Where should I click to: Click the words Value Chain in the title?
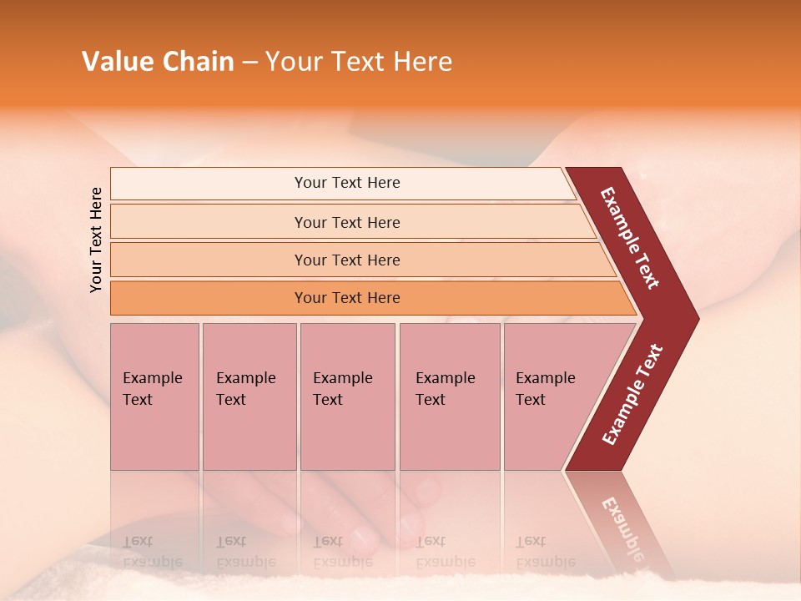[x=158, y=62]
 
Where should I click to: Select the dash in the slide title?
[x=249, y=63]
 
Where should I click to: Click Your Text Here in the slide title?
[x=359, y=62]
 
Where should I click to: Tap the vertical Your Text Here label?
[x=96, y=240]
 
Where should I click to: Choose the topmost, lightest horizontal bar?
[x=346, y=183]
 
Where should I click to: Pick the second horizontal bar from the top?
[x=346, y=222]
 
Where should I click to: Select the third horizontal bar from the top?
[x=346, y=260]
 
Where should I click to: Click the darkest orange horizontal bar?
[x=346, y=298]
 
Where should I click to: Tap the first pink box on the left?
[x=154, y=396]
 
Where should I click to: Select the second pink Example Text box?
[x=249, y=396]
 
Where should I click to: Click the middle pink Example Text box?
[x=347, y=396]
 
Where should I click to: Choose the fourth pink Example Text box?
[x=450, y=396]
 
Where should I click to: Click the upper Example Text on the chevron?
[x=630, y=238]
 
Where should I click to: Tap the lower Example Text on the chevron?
[x=632, y=394]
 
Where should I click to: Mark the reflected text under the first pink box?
[x=152, y=551]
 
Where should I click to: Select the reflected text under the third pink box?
[x=342, y=551]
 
